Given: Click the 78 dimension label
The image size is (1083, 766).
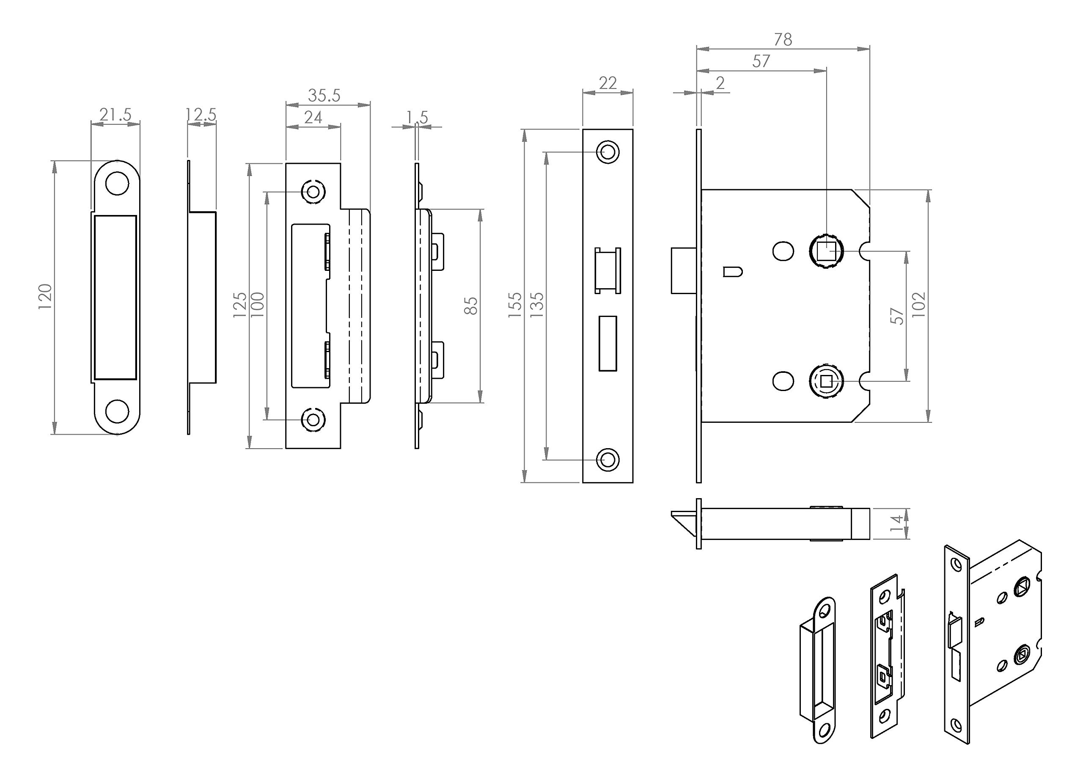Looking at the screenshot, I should click(783, 40).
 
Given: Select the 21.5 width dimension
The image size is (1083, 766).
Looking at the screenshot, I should click(115, 115).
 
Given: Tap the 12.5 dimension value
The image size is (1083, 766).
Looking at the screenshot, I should click(201, 115).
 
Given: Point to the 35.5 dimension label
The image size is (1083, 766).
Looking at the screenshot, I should click(324, 95).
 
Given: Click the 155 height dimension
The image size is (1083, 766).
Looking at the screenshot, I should click(515, 305).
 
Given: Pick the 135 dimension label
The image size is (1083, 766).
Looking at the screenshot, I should click(537, 305).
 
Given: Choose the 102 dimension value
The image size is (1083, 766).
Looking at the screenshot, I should click(919, 305).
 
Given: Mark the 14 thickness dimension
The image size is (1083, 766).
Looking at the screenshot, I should click(896, 524).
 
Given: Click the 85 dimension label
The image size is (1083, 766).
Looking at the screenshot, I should click(471, 306).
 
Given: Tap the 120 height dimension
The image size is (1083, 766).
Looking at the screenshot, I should click(45, 297).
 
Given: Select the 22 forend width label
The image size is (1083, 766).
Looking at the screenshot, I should click(607, 83).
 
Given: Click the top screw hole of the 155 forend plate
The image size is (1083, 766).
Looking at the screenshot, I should click(607, 152).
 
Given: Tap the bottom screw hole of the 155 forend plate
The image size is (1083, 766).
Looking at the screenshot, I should click(607, 459).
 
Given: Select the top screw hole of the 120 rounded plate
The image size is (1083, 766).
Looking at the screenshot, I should click(117, 184).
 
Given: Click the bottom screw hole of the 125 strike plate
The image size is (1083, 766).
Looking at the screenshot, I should click(313, 419).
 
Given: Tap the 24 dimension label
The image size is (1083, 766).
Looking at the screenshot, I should click(313, 117).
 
